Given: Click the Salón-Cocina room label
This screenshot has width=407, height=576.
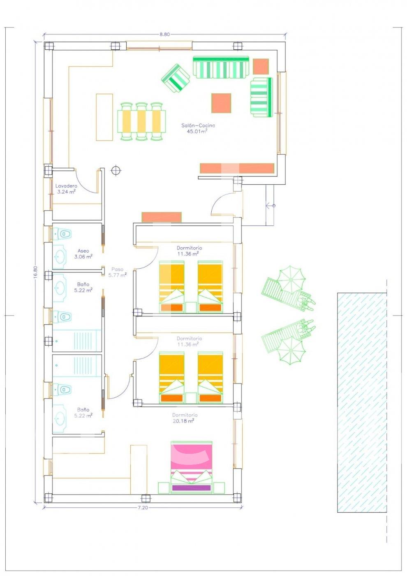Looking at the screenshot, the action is coord(198,125).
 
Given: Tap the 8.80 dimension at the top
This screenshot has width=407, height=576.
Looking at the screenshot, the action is coord(165,35).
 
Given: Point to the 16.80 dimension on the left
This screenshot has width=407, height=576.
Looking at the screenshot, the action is coord(35,271).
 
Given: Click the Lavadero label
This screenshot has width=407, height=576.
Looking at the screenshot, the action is coord(66,186).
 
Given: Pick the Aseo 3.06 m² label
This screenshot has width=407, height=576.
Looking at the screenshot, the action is coord(83,253).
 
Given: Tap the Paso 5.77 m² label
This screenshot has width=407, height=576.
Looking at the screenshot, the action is coord(118,272).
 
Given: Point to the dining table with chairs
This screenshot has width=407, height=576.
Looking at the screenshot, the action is coord(141,122).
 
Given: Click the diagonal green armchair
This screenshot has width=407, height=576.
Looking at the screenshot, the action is coord(176,78).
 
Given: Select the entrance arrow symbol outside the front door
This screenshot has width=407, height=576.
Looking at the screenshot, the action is coord(271,206).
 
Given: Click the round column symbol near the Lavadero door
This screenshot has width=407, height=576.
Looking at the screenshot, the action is coord(116,170).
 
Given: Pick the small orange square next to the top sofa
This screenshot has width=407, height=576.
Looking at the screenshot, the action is coord(261,67).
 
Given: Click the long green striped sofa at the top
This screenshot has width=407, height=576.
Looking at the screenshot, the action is coord(221,67).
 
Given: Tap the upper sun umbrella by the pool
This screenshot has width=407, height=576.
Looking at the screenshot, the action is coord(291,279).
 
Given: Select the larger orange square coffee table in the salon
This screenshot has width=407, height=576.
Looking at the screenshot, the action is coord(221,103).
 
